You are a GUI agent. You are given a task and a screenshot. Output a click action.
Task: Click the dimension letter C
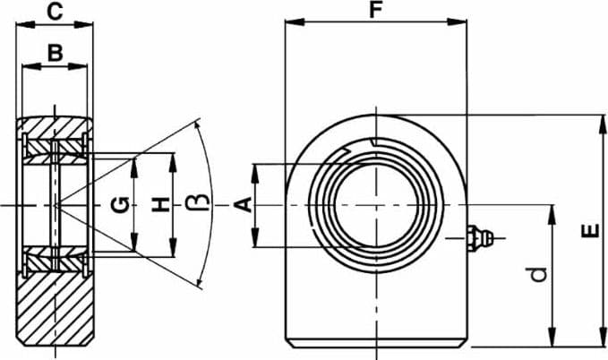tap(55, 12)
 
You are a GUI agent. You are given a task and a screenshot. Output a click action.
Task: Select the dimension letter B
tap(55, 53)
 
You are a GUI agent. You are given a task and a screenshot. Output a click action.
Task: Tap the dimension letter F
tap(375, 9)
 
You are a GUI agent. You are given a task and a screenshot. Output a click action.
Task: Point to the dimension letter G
tap(120, 205)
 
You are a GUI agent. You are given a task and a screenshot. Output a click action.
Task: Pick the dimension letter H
tap(160, 205)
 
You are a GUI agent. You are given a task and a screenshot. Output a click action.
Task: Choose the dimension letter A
tap(244, 205)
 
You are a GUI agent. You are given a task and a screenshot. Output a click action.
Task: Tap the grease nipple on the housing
tap(480, 237)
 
